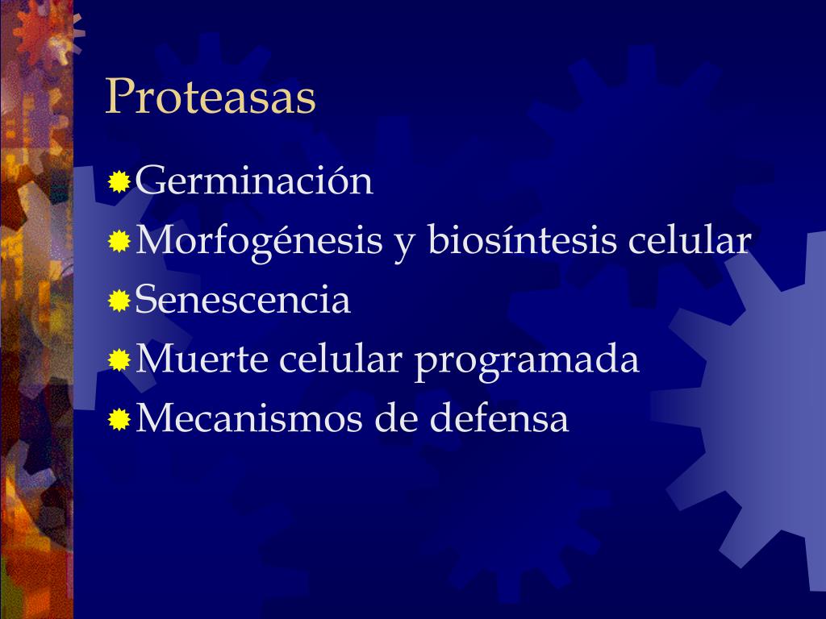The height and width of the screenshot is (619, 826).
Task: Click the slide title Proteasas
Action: point(210,98)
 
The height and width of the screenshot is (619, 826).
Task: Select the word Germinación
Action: point(254,181)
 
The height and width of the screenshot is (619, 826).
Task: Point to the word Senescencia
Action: point(243,300)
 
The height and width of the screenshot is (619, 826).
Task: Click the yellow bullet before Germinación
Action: point(119,183)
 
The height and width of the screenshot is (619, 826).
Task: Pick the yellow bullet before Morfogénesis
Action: point(119,242)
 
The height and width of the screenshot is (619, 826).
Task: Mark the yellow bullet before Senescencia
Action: point(119,301)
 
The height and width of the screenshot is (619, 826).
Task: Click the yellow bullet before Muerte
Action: point(119,360)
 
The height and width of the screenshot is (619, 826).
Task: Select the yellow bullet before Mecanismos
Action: point(119,419)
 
